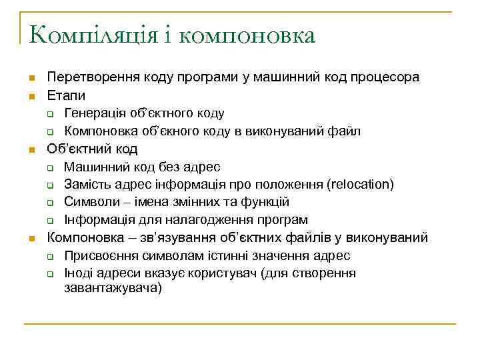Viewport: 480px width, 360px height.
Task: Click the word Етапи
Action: tap(66, 95)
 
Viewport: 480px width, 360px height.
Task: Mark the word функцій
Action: tap(264, 202)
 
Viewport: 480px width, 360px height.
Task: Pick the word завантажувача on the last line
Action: tap(113, 289)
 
